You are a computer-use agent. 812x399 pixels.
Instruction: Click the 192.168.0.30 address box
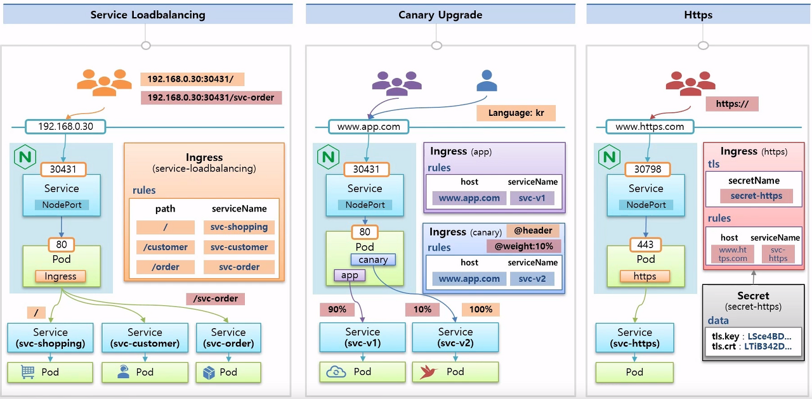click(x=65, y=127)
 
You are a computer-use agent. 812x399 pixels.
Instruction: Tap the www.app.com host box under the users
click(x=369, y=127)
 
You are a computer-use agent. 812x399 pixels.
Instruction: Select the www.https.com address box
click(x=650, y=127)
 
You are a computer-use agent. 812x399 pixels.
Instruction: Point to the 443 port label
click(x=646, y=244)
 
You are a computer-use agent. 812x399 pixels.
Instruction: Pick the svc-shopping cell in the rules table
click(x=239, y=227)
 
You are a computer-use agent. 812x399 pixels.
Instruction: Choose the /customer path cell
click(x=166, y=247)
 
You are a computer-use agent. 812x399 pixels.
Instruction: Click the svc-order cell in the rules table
click(x=239, y=267)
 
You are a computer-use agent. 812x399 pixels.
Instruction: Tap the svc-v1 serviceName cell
click(x=532, y=198)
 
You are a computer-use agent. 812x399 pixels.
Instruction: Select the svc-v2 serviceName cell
click(x=532, y=279)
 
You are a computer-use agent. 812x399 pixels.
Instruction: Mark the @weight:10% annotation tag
click(x=524, y=246)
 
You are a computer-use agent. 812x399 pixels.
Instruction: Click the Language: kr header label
click(x=516, y=113)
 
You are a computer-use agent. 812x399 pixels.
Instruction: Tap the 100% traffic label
click(x=481, y=310)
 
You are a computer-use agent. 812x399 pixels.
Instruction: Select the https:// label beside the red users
click(x=732, y=104)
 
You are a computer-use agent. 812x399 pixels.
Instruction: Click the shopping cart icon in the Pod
click(x=28, y=372)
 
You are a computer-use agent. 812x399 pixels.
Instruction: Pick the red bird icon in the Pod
click(x=430, y=372)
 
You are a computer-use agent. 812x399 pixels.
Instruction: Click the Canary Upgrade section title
click(x=440, y=15)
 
